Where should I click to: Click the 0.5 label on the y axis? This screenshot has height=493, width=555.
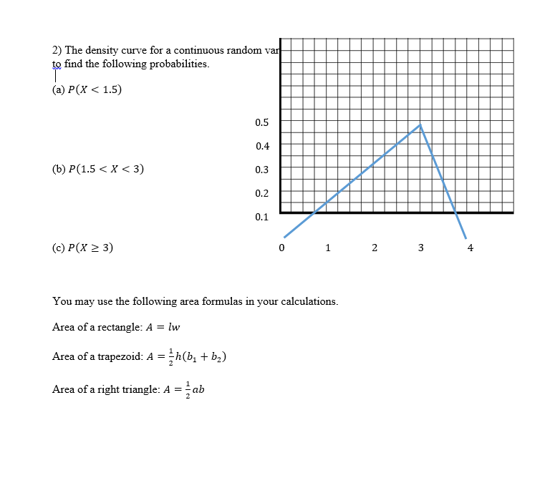click(262, 122)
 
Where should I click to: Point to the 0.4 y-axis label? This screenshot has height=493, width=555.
click(262, 145)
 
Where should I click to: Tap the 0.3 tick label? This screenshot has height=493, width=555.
click(262, 169)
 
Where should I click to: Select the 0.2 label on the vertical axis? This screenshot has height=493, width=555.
click(262, 192)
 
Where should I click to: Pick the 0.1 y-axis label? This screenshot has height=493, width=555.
click(262, 216)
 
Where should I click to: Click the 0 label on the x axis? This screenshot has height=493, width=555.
click(281, 248)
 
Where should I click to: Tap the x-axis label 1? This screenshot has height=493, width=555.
click(327, 248)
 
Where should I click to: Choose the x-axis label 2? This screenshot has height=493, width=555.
click(374, 248)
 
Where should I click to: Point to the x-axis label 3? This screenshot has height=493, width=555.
click(420, 248)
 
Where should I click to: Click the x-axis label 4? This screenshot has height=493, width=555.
click(470, 248)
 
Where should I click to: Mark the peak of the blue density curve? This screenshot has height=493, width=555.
click(420, 125)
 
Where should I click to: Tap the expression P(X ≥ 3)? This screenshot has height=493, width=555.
click(89, 248)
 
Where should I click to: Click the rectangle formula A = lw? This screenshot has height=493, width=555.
click(163, 328)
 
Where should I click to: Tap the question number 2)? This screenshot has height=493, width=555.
click(57, 50)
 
